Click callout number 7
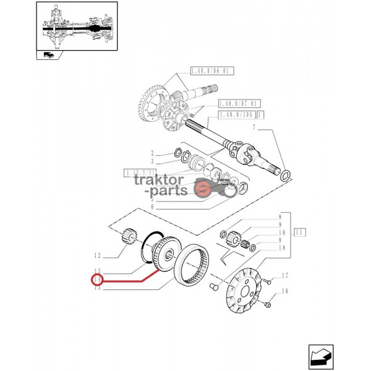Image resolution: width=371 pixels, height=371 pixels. tap(253, 127)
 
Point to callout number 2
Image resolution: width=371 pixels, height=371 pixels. tap(151, 152)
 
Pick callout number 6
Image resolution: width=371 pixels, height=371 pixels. tap(151, 207)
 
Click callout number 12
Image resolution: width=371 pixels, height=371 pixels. tap(96, 255)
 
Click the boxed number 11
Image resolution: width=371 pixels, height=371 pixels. tap(300, 233)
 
